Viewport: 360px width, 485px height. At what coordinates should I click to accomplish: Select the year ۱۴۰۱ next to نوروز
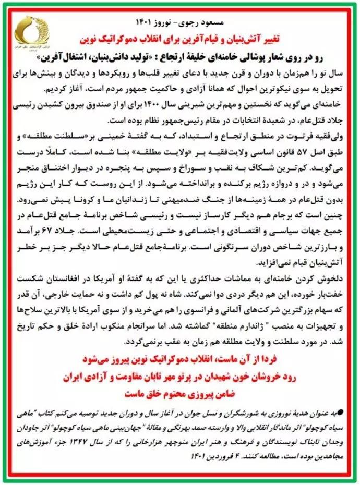pyautogui.click(x=143, y=25)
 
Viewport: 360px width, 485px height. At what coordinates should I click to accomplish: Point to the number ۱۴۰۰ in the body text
pyautogui.click(x=165, y=105)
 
